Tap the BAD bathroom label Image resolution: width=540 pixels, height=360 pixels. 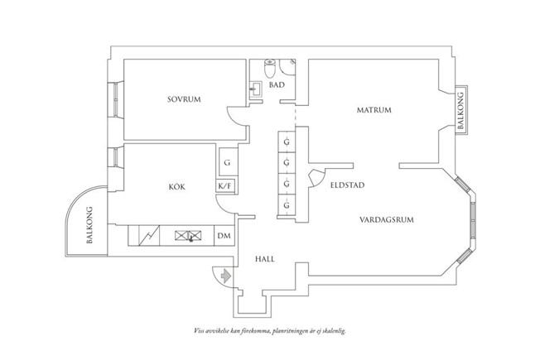pyautogui.click(x=277, y=84)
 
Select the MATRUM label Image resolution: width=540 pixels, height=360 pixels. pyautogui.click(x=374, y=110)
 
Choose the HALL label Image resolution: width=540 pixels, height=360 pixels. pyautogui.click(x=264, y=258)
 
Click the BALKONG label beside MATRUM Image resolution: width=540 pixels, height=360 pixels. pyautogui.click(x=461, y=111)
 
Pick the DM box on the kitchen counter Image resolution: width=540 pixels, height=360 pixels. pyautogui.click(x=224, y=236)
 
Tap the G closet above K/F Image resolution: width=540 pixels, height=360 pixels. pyautogui.click(x=226, y=163)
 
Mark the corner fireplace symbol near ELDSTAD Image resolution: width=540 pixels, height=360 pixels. pyautogui.click(x=315, y=177)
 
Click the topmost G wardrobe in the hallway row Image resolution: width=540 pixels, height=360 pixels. pyautogui.click(x=286, y=142)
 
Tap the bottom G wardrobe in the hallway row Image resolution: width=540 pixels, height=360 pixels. pyautogui.click(x=286, y=204)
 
